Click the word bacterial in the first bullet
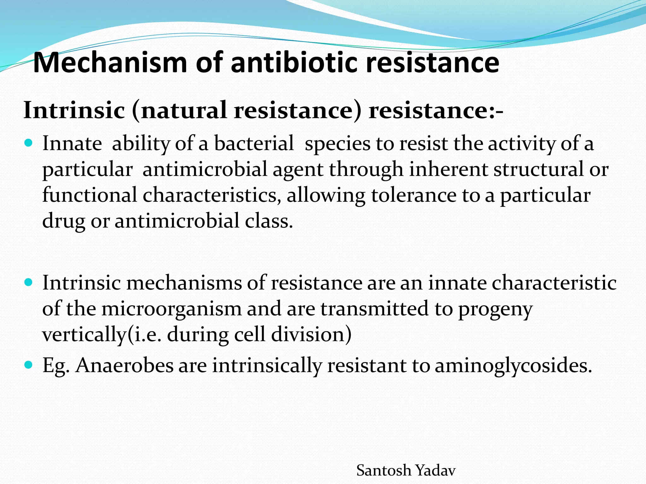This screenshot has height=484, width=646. coord(254,143)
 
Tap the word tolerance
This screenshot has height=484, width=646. coord(414,195)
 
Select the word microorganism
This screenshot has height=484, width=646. coord(171,308)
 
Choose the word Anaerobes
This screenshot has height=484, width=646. coord(125,366)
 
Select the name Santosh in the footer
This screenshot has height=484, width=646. coord(384,471)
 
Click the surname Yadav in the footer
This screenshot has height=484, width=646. coord(436,471)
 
